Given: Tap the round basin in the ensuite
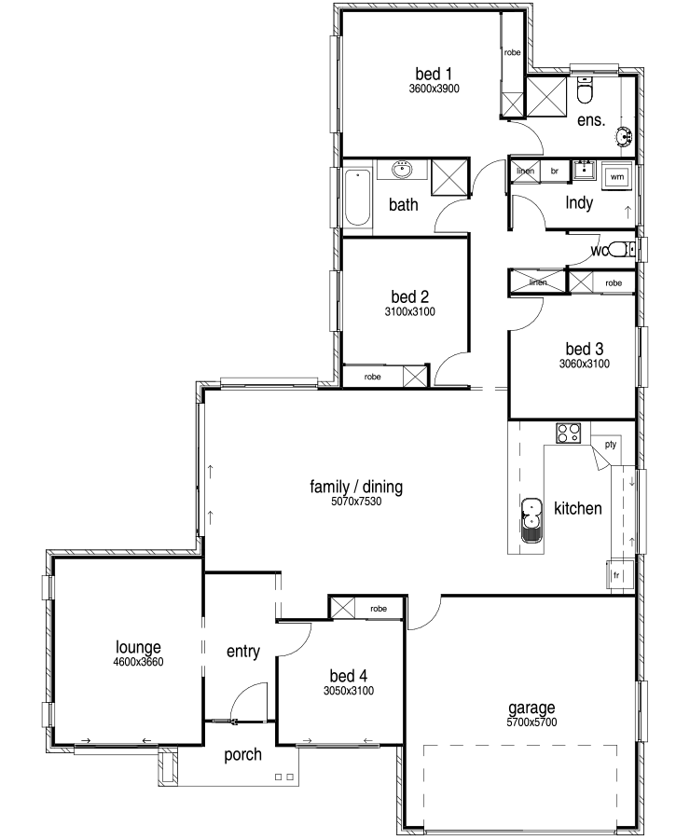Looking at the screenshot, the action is pyautogui.click(x=624, y=136).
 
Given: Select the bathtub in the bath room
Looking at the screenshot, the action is pyautogui.click(x=357, y=198).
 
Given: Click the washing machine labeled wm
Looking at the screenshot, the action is pyautogui.click(x=616, y=176).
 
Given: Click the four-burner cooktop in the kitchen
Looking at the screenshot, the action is pyautogui.click(x=569, y=433).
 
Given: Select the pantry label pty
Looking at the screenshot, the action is pyautogui.click(x=610, y=444).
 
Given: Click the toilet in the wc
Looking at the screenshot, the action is pyautogui.click(x=622, y=249).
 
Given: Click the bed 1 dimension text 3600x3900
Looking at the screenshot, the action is pyautogui.click(x=435, y=89).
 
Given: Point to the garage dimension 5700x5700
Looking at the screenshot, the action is pyautogui.click(x=531, y=722).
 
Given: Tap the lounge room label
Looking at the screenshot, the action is pyautogui.click(x=138, y=648).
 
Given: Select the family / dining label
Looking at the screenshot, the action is pyautogui.click(x=356, y=487).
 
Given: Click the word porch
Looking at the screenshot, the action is pyautogui.click(x=243, y=755).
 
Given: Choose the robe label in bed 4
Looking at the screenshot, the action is pyautogui.click(x=378, y=609).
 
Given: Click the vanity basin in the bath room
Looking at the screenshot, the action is pyautogui.click(x=402, y=170).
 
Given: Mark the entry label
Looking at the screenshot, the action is pyautogui.click(x=243, y=652).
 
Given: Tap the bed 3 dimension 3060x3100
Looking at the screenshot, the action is pyautogui.click(x=585, y=364).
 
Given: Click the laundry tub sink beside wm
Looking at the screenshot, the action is pyautogui.click(x=584, y=171).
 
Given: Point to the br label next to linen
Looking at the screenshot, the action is pyautogui.click(x=555, y=172).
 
